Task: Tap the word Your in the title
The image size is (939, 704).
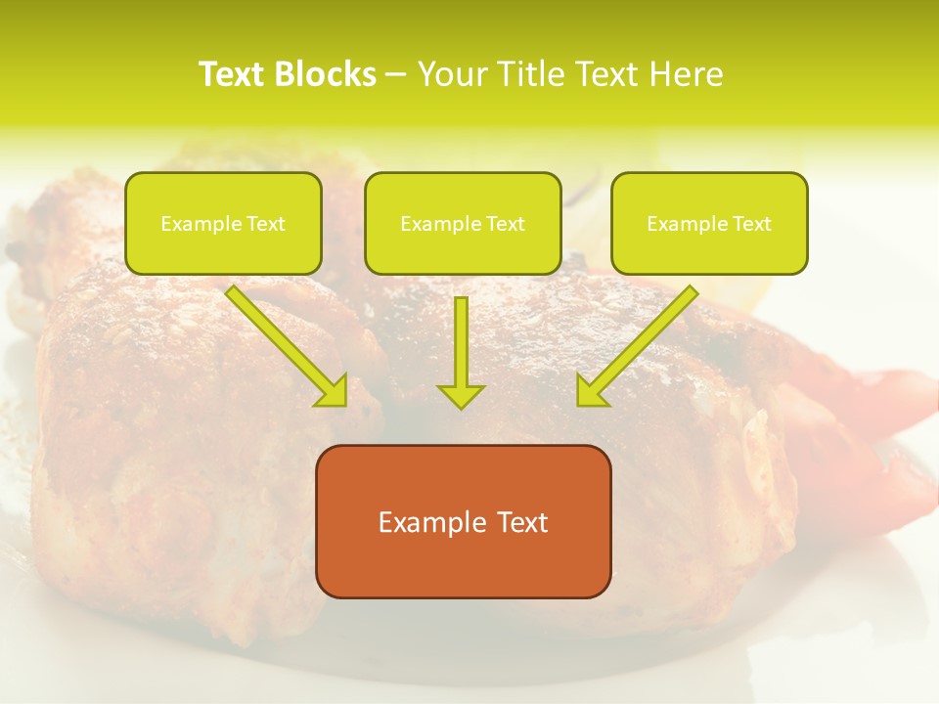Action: coord(451,74)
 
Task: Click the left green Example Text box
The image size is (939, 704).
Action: coord(223,223)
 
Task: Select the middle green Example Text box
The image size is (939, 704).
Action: coord(463,223)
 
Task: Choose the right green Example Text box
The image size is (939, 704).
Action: coord(709,223)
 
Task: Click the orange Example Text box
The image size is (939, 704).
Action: coord(463,521)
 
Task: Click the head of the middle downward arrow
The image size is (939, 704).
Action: coord(461,395)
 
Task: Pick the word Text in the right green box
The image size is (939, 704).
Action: coord(751,224)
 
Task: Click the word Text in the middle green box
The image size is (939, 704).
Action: coord(505,224)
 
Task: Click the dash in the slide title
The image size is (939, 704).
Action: coord(396,74)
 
